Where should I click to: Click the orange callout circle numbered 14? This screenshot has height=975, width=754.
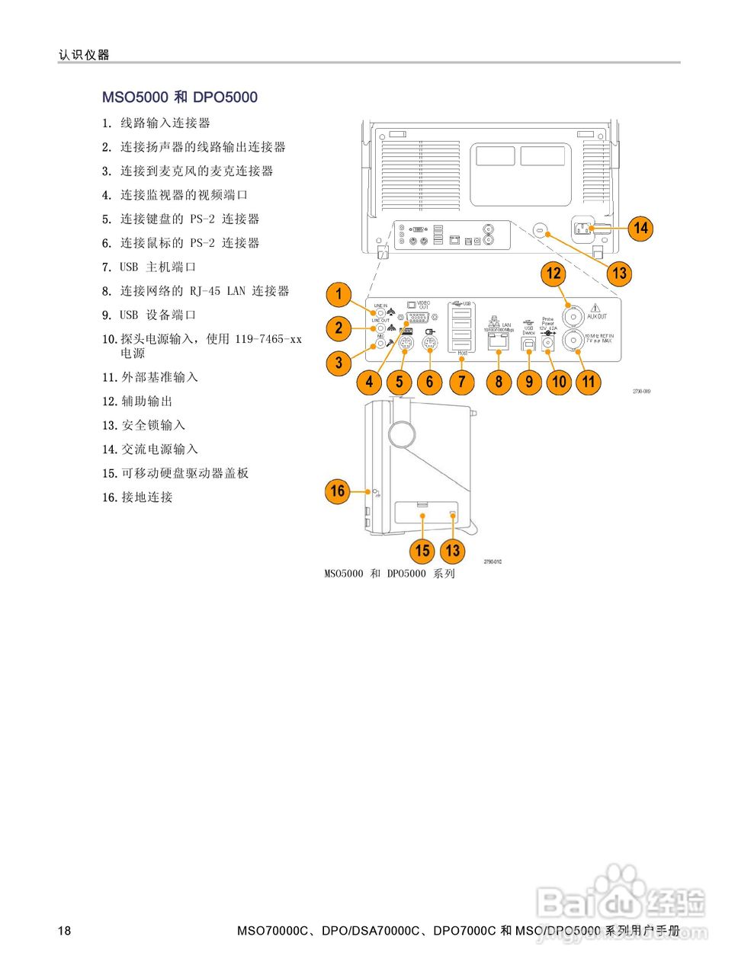click(x=640, y=228)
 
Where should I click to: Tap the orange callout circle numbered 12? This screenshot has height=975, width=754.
click(x=553, y=273)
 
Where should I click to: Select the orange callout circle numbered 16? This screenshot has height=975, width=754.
click(x=337, y=491)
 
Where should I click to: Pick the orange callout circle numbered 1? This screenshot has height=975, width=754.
click(x=338, y=294)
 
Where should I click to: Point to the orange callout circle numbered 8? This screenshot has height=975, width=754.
click(x=499, y=381)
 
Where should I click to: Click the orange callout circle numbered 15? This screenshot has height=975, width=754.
click(x=422, y=551)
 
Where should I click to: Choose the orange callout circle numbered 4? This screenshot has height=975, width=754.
click(x=370, y=382)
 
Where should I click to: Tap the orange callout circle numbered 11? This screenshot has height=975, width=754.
click(x=589, y=381)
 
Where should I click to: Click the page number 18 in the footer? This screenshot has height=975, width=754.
click(x=65, y=931)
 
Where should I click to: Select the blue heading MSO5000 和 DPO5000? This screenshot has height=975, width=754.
click(x=180, y=97)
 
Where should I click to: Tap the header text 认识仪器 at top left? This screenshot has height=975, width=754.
click(x=84, y=55)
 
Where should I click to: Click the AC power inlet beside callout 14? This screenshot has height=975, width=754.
click(x=585, y=228)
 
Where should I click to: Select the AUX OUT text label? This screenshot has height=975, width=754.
click(x=597, y=316)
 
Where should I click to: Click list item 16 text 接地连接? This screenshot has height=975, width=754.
click(x=147, y=497)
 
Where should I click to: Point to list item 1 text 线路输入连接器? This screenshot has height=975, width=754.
click(x=165, y=123)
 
